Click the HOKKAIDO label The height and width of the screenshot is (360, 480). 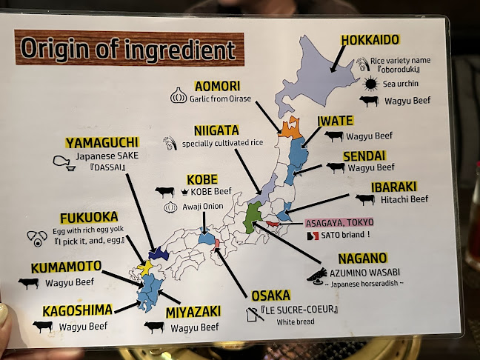pyautogui.click(x=370, y=39)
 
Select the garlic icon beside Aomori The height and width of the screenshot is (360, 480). pyautogui.click(x=178, y=96)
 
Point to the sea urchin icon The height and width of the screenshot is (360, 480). pyautogui.click(x=368, y=83)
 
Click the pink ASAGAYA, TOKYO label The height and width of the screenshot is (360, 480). pyautogui.click(x=340, y=221)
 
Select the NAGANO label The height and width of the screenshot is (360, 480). pyautogui.click(x=363, y=258)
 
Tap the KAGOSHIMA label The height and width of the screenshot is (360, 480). pyautogui.click(x=78, y=310)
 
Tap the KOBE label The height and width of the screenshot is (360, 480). pyautogui.click(x=202, y=179)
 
